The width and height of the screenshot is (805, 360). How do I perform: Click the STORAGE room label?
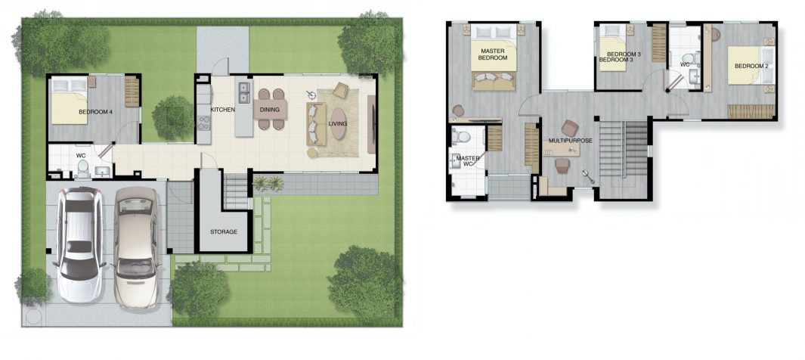pyautogui.click(x=224, y=231)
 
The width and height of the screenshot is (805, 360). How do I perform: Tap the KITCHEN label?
pyautogui.click(x=223, y=110)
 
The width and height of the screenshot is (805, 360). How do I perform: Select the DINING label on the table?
pyautogui.click(x=270, y=110)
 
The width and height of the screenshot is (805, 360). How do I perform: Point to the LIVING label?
pyautogui.click(x=338, y=123)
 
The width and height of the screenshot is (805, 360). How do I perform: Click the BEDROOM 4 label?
pyautogui.click(x=95, y=111)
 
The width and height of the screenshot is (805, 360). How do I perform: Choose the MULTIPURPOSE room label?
pyautogui.click(x=571, y=140)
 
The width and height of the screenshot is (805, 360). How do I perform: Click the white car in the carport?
pyautogui.click(x=79, y=244)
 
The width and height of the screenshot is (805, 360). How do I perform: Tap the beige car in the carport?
pyautogui.click(x=135, y=247)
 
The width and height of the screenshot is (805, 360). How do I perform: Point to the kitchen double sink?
pyautogui.click(x=244, y=91)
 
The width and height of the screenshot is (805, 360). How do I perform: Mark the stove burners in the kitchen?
pyautogui.click(x=204, y=123)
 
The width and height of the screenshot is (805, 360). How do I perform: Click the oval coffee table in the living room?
pyautogui.click(x=338, y=123)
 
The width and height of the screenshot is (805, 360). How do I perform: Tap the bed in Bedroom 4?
pyautogui.click(x=70, y=101)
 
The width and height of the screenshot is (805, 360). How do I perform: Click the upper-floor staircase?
pyautogui.click(x=623, y=149)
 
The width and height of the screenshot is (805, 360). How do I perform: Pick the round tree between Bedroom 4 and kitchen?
pyautogui.click(x=173, y=117)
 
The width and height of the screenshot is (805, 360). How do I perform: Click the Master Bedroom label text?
pyautogui.click(x=493, y=54)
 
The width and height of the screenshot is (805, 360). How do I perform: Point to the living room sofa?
pyautogui.click(x=316, y=124)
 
